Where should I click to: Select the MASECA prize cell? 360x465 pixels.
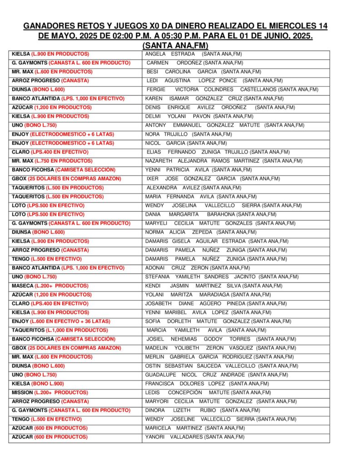(50, 286)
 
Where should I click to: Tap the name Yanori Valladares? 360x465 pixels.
(195, 437)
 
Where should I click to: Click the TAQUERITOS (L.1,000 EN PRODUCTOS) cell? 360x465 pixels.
(60, 330)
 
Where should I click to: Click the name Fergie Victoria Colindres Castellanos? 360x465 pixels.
(232, 89)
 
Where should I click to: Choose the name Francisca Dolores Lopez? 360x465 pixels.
(207, 384)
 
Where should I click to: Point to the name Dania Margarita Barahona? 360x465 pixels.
(210, 214)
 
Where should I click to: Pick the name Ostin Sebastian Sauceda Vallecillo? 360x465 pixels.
(221, 366)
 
